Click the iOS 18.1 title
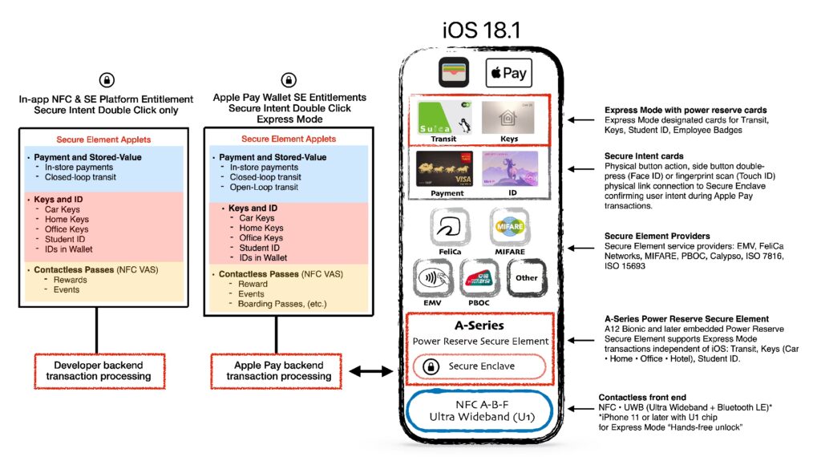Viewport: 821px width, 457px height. [481, 30]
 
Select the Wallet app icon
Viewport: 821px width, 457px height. [452, 73]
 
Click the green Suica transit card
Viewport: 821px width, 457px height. [443, 119]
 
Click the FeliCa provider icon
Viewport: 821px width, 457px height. [450, 228]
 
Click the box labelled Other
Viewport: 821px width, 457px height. [526, 278]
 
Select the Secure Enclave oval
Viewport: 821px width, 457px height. [479, 366]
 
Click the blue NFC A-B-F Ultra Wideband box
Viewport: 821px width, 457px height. [480, 410]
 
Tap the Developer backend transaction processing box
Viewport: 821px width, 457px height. [99, 370]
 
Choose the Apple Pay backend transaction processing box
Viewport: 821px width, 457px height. [273, 370]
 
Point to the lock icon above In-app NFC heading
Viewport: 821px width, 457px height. [106, 79]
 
